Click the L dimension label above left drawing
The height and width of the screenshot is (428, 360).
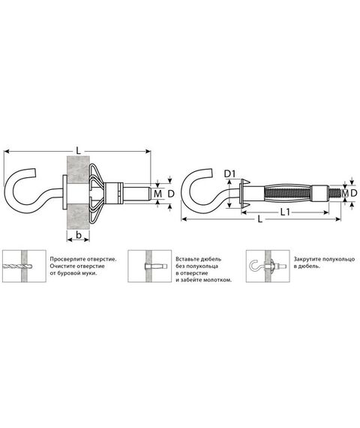click(x=79, y=151)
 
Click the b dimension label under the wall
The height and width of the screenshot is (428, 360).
click(x=79, y=234)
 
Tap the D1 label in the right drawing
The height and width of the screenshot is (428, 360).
click(x=229, y=173)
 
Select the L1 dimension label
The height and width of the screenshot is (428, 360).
click(x=285, y=212)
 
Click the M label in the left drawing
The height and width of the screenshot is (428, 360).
click(x=157, y=194)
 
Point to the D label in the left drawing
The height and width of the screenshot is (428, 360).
click(x=171, y=194)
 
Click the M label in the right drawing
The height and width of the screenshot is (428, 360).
click(x=345, y=193)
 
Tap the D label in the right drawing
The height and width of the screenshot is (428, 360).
click(x=354, y=193)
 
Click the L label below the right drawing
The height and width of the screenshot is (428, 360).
click(x=260, y=219)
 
